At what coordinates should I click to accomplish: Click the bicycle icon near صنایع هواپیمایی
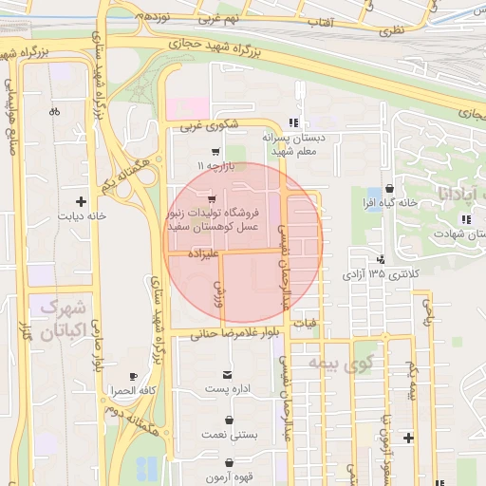pyautogui.click(x=55, y=111)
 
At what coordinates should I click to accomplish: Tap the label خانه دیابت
pyautogui.click(x=80, y=215)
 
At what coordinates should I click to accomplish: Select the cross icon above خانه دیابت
pyautogui.click(x=81, y=201)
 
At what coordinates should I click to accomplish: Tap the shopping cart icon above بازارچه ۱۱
pyautogui.click(x=215, y=151)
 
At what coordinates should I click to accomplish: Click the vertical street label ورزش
pyautogui.click(x=218, y=292)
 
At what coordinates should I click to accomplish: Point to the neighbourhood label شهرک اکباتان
pyautogui.click(x=65, y=319)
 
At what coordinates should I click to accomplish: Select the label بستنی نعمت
pyautogui.click(x=226, y=434)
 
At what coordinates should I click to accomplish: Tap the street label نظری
pyautogui.click(x=392, y=31)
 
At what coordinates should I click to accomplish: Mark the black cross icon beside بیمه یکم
pyautogui.click(x=408, y=438)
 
